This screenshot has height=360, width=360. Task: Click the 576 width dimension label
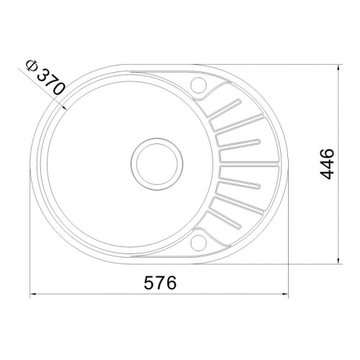pyautogui.click(x=160, y=282)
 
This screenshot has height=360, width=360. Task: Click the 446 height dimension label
pyautogui.click(x=327, y=163)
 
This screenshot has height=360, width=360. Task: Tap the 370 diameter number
pyautogui.click(x=51, y=81)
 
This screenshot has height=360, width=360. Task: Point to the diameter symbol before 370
pyautogui.click(x=32, y=66)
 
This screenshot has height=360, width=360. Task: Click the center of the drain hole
pyautogui.click(x=157, y=163)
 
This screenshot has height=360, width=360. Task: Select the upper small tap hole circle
pyautogui.click(x=199, y=85)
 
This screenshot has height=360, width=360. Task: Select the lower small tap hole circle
pyautogui.click(x=199, y=243)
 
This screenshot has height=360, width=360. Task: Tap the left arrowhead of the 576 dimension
pyautogui.click(x=33, y=294)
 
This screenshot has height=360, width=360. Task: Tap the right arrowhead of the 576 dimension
pyautogui.click(x=285, y=294)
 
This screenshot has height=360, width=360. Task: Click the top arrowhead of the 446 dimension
pyautogui.click(x=338, y=68)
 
